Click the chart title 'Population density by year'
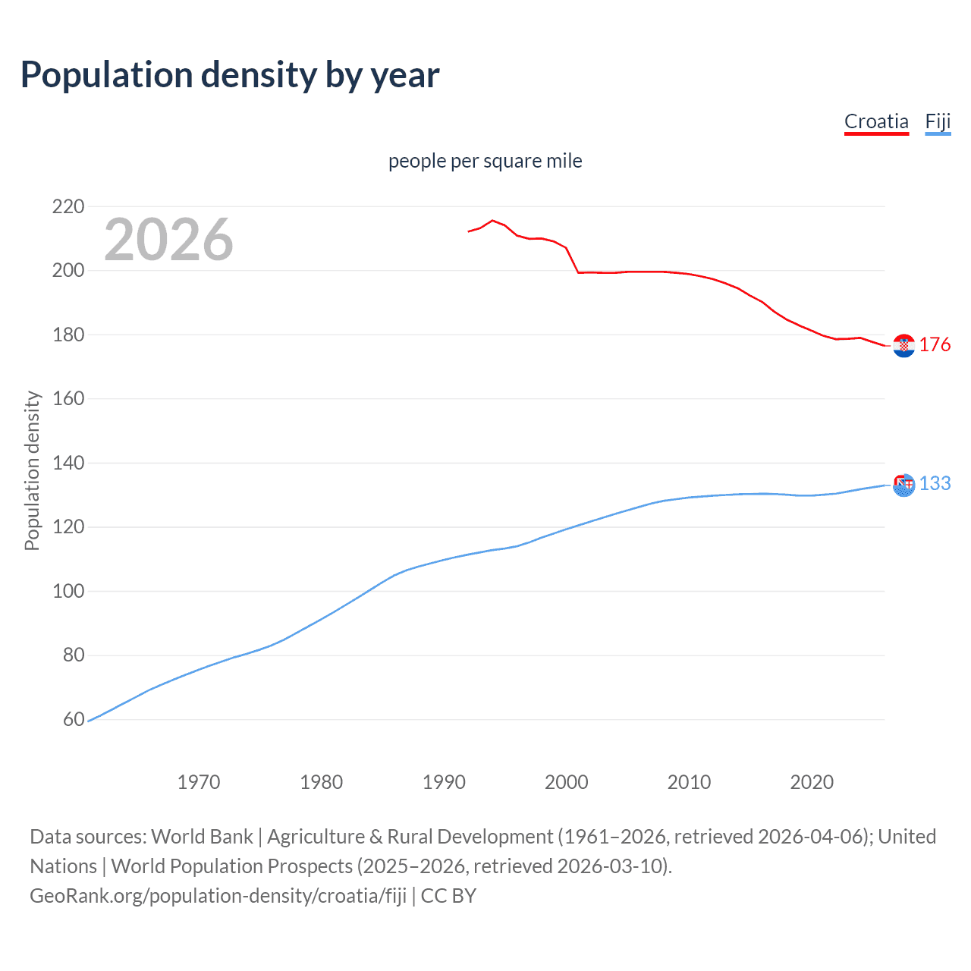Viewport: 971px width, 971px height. (x=230, y=75)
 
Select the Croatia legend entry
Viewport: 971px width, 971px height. (x=876, y=121)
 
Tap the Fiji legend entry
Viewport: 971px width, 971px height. (x=938, y=121)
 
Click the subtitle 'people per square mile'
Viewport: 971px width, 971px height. (x=485, y=161)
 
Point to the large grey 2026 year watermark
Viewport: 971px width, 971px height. (x=168, y=240)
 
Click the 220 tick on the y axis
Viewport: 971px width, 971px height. (x=68, y=206)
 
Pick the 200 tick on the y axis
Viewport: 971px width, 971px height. (x=68, y=271)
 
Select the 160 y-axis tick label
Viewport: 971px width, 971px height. (x=68, y=399)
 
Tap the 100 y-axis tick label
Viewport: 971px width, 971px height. (x=68, y=591)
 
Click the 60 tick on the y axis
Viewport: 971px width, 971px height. (x=74, y=719)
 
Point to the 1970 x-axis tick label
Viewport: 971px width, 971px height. (x=199, y=782)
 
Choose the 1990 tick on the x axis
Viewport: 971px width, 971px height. (x=444, y=782)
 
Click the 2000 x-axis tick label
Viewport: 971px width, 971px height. (x=567, y=782)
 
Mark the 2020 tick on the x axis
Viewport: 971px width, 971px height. (x=812, y=782)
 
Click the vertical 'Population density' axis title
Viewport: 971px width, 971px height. (x=32, y=470)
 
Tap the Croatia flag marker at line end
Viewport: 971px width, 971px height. (x=903, y=346)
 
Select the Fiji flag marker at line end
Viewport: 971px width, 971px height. (x=903, y=485)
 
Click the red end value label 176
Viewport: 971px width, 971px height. (x=935, y=345)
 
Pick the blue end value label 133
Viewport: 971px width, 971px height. (x=935, y=484)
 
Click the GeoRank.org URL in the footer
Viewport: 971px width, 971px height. (x=218, y=896)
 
